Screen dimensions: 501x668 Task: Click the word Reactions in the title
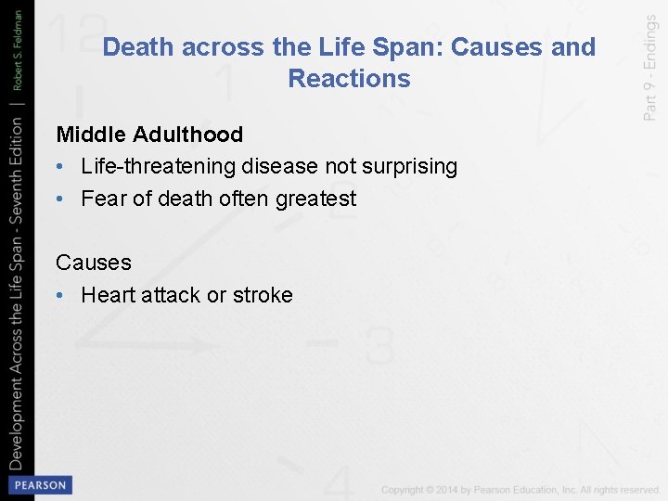349,79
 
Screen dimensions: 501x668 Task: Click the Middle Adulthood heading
149,135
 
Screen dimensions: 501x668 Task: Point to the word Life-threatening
159,167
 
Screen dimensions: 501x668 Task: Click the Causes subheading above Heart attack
94,263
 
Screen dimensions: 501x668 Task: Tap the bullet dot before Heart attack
60,296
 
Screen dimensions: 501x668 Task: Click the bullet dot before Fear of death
60,199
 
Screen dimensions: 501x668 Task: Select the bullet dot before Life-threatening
60,168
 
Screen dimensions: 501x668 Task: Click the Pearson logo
39,485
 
